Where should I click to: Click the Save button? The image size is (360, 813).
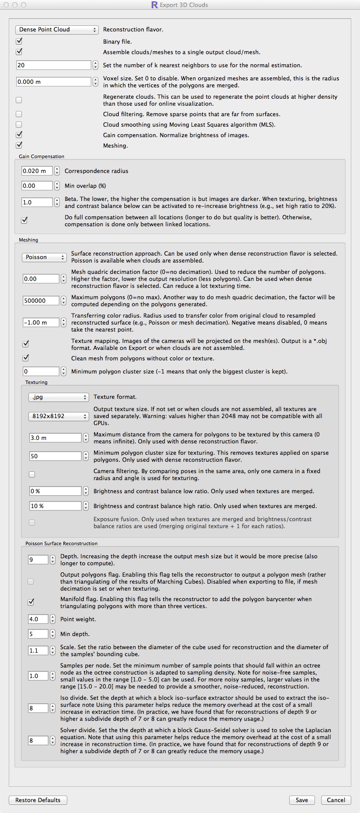click(301, 800)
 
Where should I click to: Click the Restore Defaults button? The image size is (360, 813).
click(38, 800)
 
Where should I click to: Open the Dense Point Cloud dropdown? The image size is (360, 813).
click(57, 30)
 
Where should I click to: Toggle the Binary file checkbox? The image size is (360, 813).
click(19, 42)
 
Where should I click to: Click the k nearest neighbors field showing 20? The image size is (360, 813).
click(53, 65)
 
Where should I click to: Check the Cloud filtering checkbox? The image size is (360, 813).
click(19, 114)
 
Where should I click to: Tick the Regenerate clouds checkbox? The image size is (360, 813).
click(19, 100)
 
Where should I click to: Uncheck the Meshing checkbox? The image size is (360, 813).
click(19, 145)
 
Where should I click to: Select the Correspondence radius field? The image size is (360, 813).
click(37, 171)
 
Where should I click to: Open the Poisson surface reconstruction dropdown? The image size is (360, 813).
click(44, 257)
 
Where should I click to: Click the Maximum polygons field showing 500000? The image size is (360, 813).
click(41, 301)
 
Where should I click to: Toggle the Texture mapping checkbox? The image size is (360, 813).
click(26, 344)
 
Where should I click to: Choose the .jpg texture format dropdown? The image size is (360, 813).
click(59, 397)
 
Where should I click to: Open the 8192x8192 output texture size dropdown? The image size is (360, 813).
click(59, 416)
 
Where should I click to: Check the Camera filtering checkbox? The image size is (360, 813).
click(32, 474)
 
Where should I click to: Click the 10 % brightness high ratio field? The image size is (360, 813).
click(55, 506)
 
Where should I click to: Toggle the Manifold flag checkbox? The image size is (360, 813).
click(31, 602)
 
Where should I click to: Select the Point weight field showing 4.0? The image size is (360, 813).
click(38, 619)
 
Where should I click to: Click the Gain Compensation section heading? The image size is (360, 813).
click(42, 156)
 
